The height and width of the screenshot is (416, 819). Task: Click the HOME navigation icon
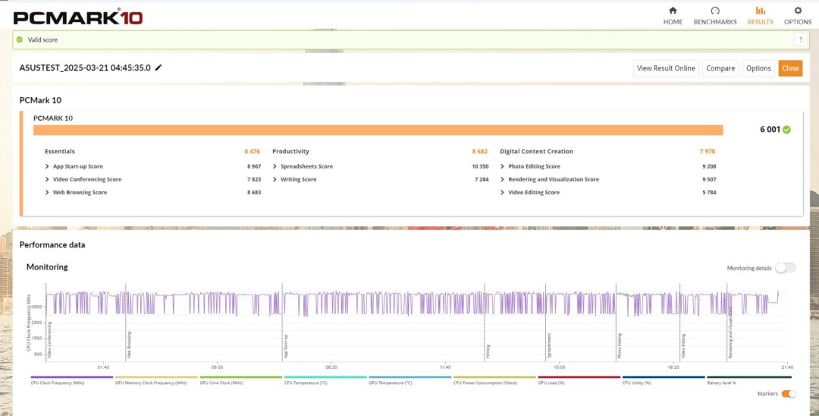[x=673, y=11]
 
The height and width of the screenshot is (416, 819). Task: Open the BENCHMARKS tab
[x=714, y=11]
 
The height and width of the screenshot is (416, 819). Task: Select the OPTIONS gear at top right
[x=797, y=11]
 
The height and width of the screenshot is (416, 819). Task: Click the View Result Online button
[x=666, y=68]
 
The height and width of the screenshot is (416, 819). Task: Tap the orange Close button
[x=790, y=68]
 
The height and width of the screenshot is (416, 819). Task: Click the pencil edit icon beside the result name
[x=158, y=68]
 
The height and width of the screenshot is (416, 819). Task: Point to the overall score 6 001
[x=770, y=130]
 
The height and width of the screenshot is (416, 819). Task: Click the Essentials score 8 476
[x=252, y=151]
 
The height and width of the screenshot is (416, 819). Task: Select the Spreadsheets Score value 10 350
[x=479, y=166]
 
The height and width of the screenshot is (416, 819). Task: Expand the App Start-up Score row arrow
[x=47, y=166]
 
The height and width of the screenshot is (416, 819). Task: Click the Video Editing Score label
[x=534, y=192]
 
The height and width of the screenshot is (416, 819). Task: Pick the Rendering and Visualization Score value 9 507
[x=709, y=179]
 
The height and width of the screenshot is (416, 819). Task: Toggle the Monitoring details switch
[x=786, y=268]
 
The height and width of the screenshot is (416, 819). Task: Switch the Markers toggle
[x=789, y=394]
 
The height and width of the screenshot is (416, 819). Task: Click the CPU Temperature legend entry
[x=306, y=383]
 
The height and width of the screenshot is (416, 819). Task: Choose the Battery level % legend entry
[x=723, y=383]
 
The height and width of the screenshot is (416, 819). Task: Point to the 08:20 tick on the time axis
[x=331, y=367]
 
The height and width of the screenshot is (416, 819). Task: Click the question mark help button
[x=800, y=39]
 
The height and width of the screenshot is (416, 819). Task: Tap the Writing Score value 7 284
[x=481, y=179]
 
